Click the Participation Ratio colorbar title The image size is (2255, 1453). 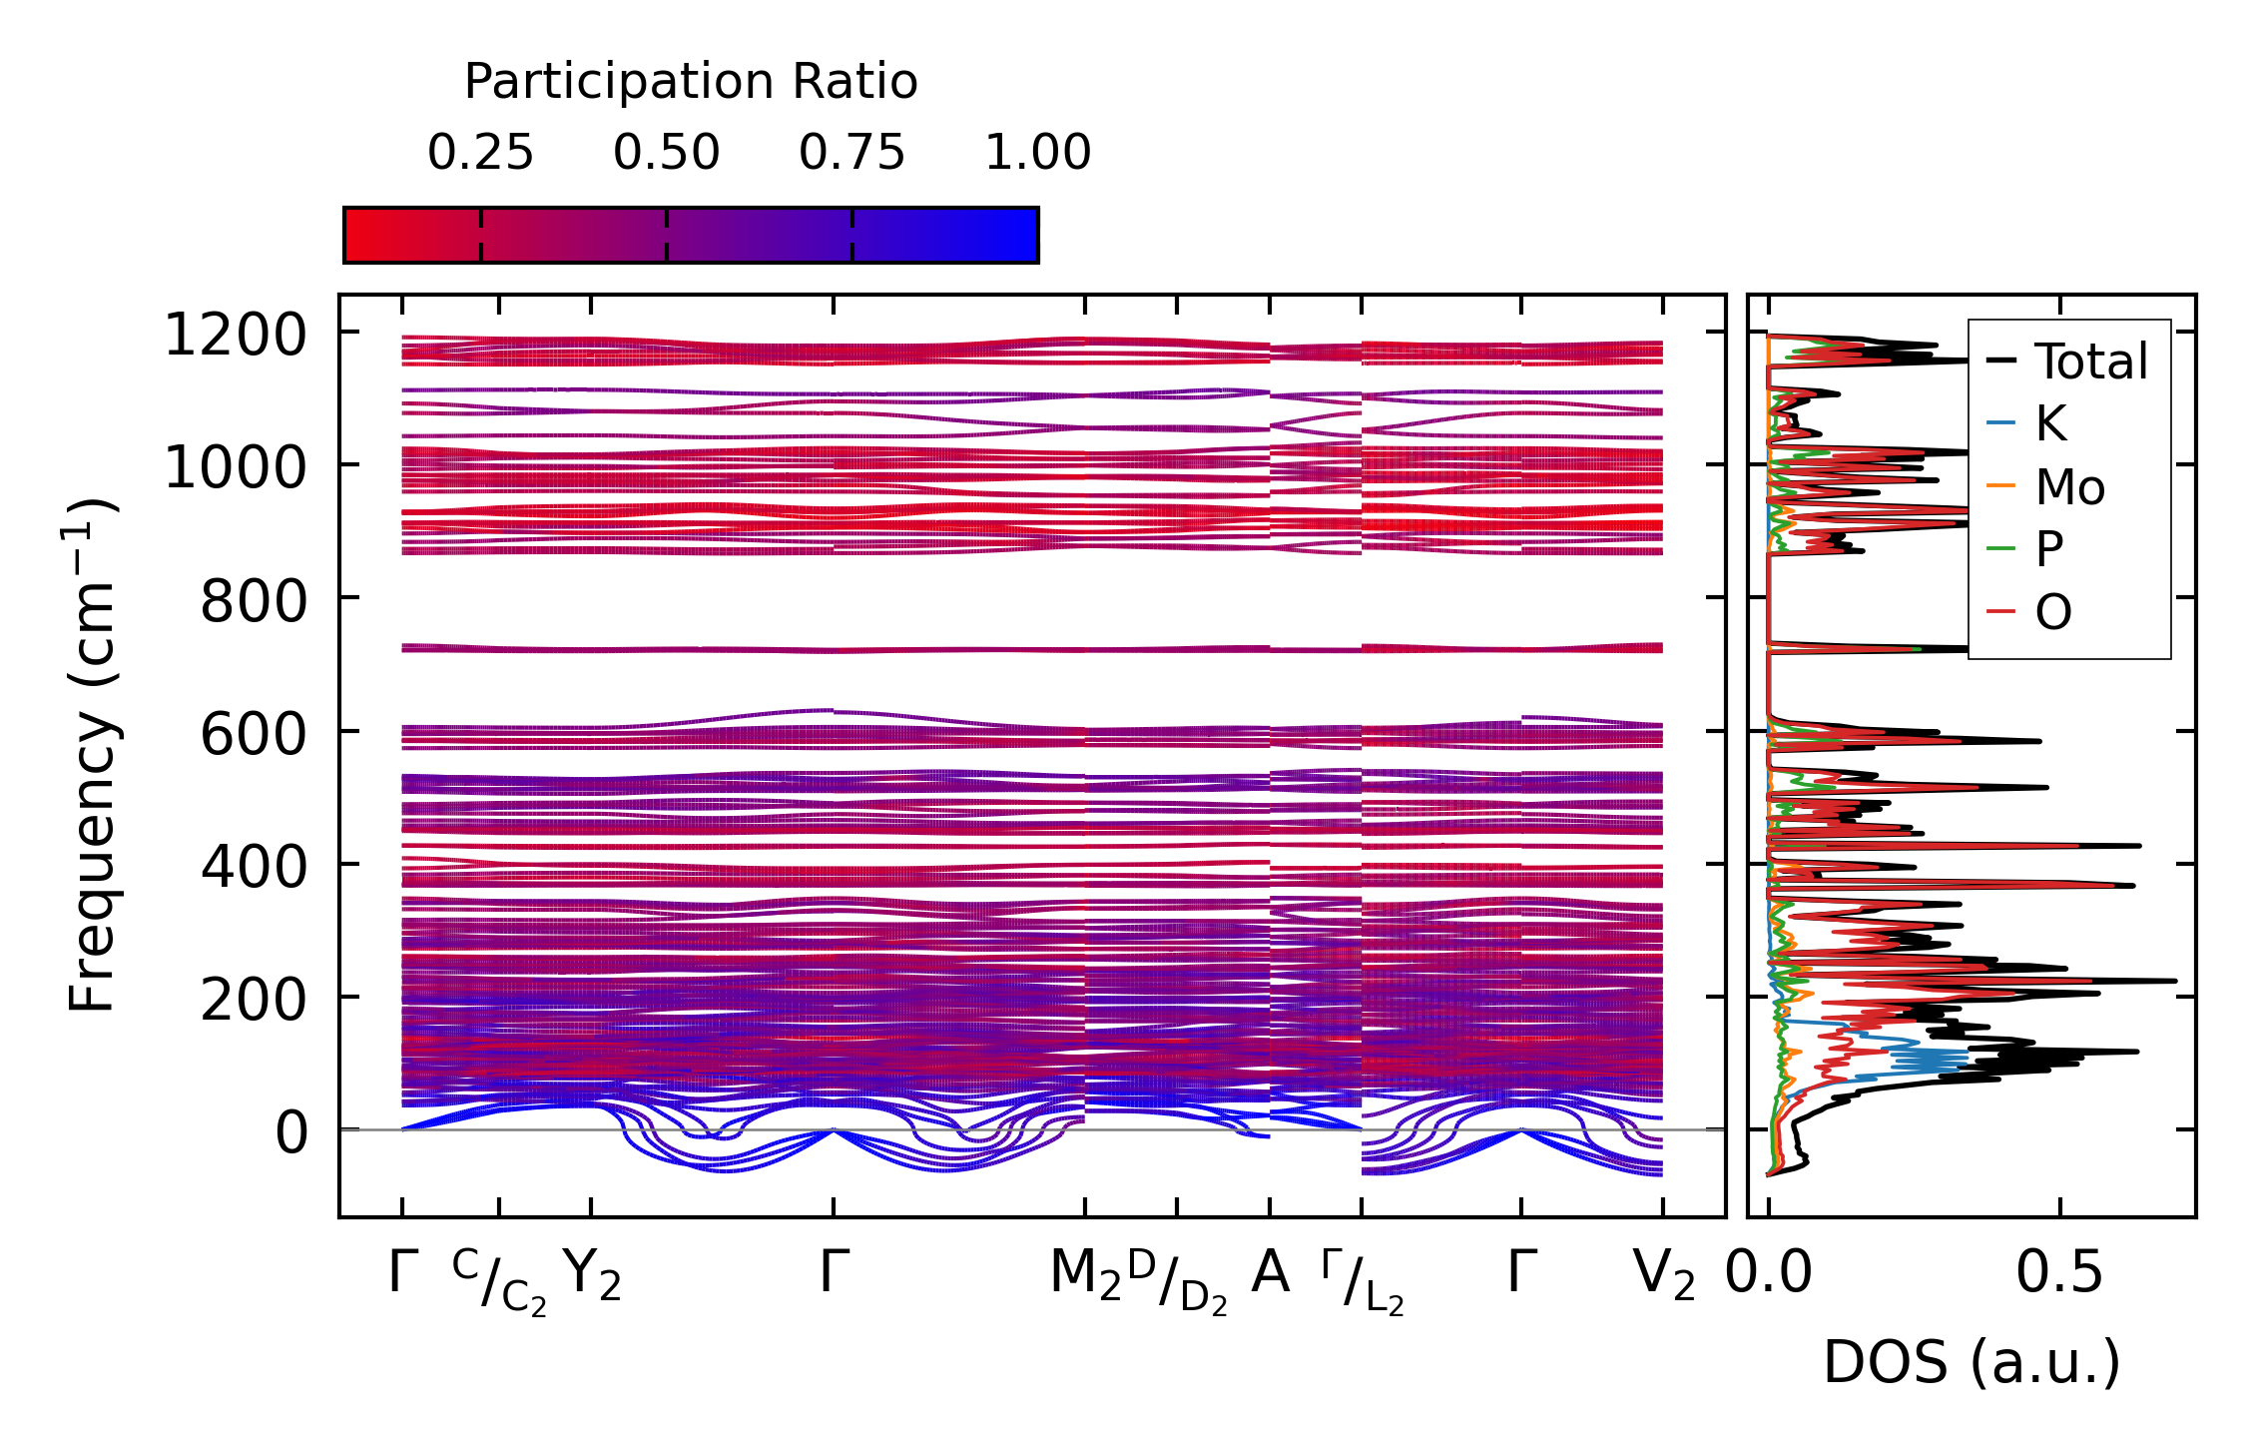tap(691, 82)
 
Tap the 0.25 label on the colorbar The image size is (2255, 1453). tap(480, 153)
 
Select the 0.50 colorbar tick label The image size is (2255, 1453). tap(666, 153)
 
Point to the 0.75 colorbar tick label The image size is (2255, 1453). tap(851, 153)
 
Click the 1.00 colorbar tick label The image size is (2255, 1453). tap(1037, 153)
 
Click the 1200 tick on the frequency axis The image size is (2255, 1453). tap(235, 335)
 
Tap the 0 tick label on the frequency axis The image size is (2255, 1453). tap(291, 1132)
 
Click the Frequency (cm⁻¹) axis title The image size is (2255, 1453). tap(93, 755)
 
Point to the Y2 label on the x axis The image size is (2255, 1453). tap(592, 1275)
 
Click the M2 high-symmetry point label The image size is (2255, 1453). tap(1085, 1275)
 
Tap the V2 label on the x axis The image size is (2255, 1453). tap(1663, 1275)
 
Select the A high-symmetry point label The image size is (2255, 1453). tap(1270, 1273)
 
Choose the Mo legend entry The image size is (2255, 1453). tap(2070, 487)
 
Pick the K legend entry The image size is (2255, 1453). tap(2050, 424)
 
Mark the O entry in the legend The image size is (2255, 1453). tap(2053, 612)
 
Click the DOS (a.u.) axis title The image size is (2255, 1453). tap(1972, 1362)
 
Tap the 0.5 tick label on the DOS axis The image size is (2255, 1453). tap(2059, 1275)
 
